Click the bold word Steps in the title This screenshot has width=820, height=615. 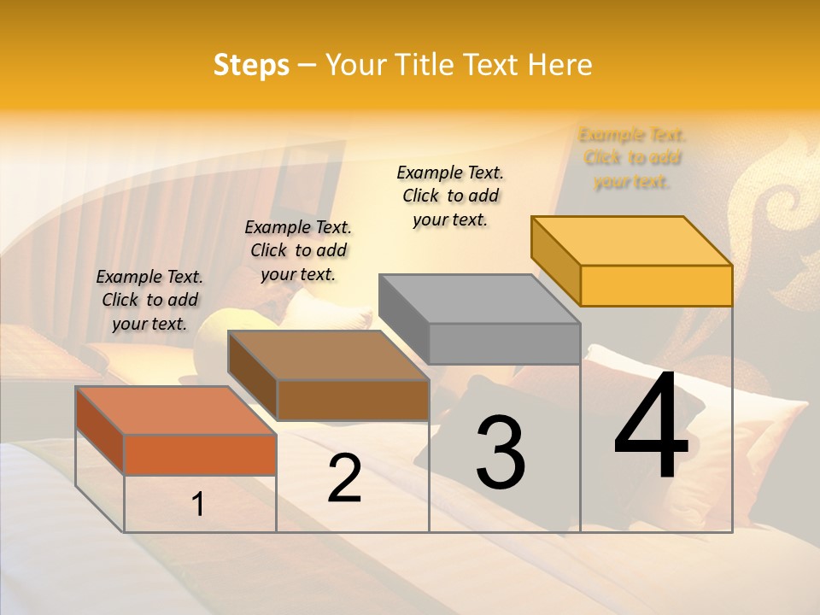(x=251, y=65)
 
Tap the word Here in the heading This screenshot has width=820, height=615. (x=560, y=65)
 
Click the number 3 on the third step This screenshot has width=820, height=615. (x=501, y=452)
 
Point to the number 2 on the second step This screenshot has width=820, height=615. (x=344, y=478)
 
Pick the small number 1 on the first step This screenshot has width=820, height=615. (x=198, y=504)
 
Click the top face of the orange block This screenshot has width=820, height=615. (x=175, y=410)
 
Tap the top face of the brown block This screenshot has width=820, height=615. (x=328, y=354)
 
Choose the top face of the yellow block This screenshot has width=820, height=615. (x=630, y=241)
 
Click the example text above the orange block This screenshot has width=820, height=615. (x=149, y=300)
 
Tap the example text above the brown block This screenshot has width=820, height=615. (x=298, y=250)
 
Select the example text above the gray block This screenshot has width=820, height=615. (x=450, y=196)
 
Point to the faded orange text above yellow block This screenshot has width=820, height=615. (x=632, y=158)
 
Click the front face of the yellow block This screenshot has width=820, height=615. (x=656, y=285)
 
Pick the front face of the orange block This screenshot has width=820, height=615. (x=200, y=454)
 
